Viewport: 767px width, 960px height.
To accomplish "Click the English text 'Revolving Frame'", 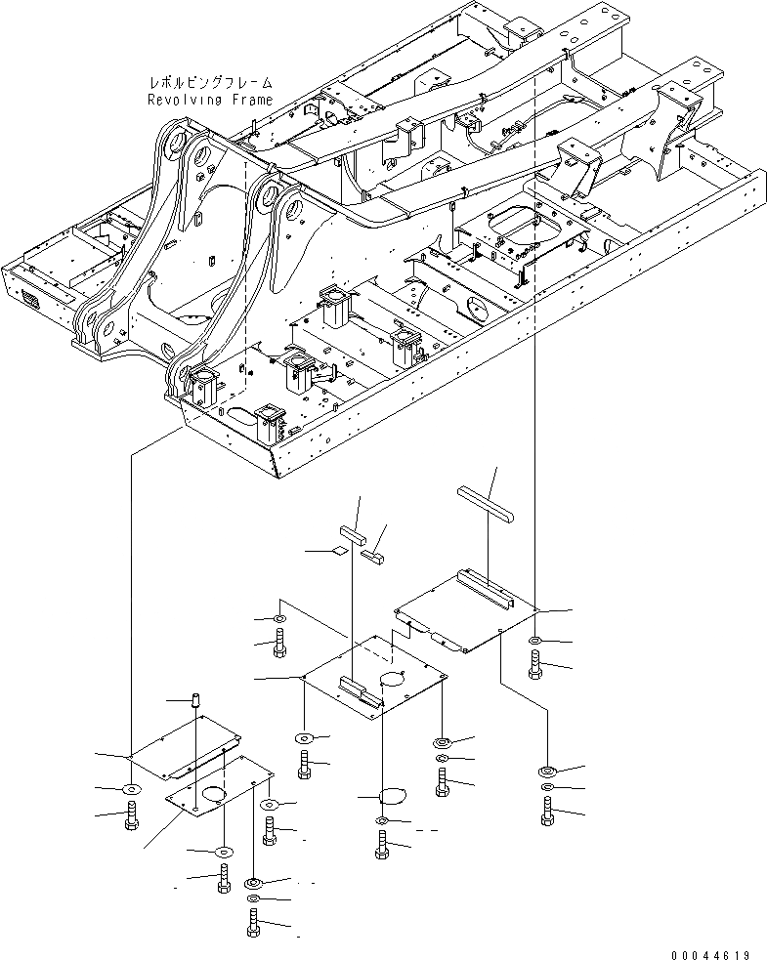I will coord(209,100).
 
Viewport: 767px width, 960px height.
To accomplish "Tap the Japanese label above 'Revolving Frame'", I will coord(209,84).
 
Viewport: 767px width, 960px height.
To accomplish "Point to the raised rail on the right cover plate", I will coord(486,589).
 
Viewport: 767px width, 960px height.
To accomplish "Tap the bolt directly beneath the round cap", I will coord(381,844).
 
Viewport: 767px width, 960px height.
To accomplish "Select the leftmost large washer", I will coord(130,788).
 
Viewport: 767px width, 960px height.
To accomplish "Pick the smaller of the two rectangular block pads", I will coord(372,556).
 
